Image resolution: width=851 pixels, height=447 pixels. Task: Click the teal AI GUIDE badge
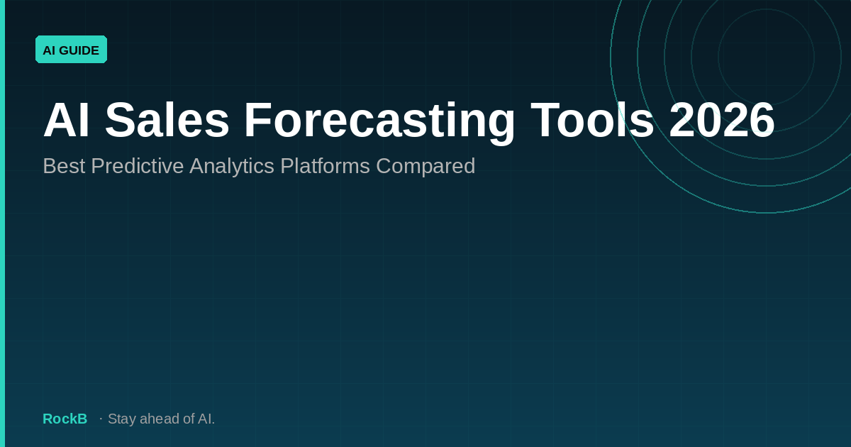[71, 50]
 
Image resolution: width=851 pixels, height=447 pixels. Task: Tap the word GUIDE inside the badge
[79, 50]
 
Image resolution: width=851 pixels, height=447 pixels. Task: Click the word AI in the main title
[66, 121]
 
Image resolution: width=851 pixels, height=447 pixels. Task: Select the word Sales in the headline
[167, 121]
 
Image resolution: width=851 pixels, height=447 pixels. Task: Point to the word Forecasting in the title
[379, 121]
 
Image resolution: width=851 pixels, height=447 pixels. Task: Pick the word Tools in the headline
[592, 121]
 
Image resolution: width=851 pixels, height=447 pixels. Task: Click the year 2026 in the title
[721, 121]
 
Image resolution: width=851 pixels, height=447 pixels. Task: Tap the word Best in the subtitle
[64, 166]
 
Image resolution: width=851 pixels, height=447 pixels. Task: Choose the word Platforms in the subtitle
[325, 166]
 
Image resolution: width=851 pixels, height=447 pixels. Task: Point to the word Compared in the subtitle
[425, 166]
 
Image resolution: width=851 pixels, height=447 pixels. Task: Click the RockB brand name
[65, 419]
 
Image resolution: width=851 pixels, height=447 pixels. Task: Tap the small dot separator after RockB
[101, 419]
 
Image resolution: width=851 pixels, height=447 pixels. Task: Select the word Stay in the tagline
[122, 419]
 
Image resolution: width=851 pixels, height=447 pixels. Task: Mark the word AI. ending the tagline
[206, 419]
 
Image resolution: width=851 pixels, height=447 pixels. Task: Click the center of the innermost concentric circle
[766, 57]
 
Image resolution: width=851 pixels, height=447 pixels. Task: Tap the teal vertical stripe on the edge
[2, 223]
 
